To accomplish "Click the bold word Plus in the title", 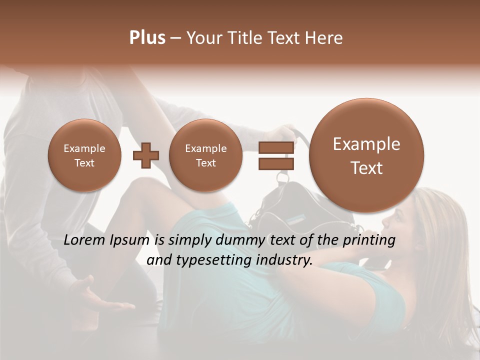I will pos(147,38).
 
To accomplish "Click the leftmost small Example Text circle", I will pos(84,155).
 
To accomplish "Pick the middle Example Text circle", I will pos(206,155).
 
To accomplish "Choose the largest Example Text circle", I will pos(366,155).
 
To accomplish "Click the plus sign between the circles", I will pos(145,155).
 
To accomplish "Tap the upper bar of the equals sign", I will pos(275,148).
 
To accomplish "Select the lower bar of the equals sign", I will pos(275,164).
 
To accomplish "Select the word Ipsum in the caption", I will pos(130,240).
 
